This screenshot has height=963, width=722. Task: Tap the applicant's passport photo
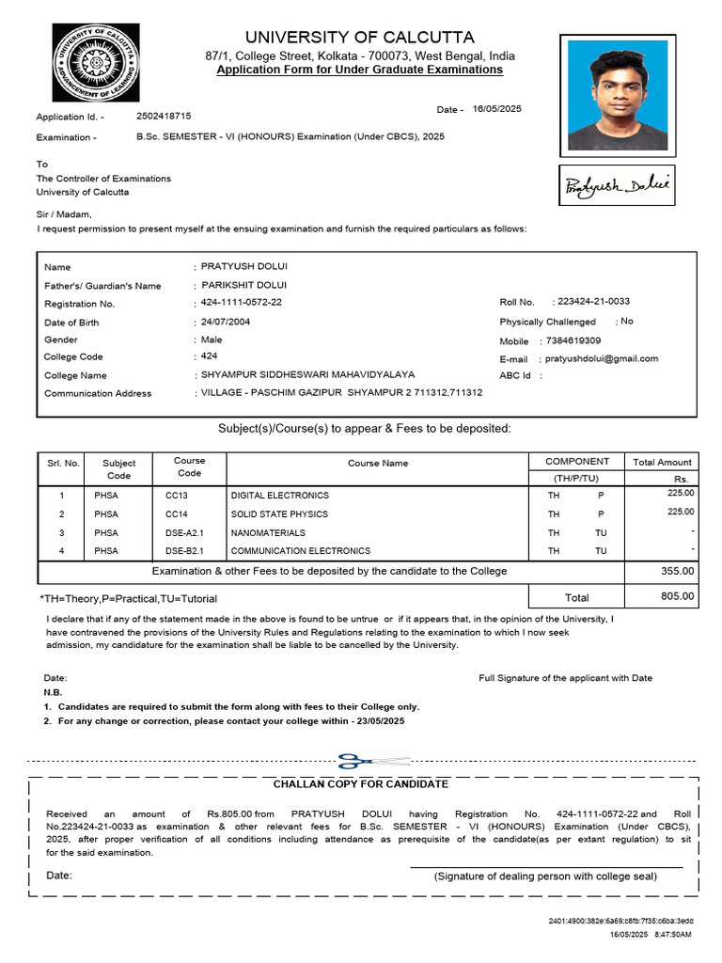point(614,94)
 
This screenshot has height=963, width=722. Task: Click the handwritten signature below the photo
point(616,186)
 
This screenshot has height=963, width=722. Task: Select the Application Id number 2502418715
point(164,116)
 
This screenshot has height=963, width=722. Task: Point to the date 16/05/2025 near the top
point(496,109)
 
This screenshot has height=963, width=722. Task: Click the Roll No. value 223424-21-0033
point(593,301)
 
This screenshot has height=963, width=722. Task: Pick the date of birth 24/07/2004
point(226,322)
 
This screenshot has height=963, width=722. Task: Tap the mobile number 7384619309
point(573,340)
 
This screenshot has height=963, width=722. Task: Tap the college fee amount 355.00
point(677,571)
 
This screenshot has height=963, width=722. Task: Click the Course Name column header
point(378,463)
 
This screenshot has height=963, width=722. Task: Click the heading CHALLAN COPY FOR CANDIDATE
point(360,784)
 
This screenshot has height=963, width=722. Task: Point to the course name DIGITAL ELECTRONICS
point(280,495)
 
